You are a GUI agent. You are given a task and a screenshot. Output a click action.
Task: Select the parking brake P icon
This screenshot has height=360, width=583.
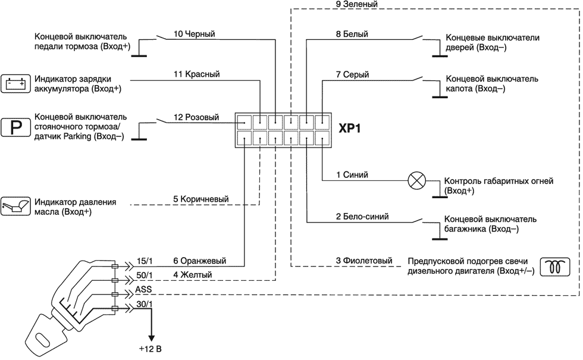15,127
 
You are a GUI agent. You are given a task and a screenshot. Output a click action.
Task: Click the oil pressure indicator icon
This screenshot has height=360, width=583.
14,206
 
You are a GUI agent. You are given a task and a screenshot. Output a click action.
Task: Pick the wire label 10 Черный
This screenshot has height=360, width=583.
194,35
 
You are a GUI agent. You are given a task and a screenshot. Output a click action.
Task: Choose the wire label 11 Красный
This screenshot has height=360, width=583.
197,74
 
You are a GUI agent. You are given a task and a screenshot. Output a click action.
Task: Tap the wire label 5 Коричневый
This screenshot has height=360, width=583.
201,199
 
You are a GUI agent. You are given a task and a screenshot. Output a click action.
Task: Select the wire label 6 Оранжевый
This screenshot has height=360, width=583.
200,260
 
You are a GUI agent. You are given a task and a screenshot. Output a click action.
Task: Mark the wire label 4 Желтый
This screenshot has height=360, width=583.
192,274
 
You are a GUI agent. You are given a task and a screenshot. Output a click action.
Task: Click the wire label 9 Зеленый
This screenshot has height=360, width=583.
356,4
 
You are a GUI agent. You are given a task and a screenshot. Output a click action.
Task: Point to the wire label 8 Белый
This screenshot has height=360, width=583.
352,35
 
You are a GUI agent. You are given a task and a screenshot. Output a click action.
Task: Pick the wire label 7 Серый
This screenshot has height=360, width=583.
352,74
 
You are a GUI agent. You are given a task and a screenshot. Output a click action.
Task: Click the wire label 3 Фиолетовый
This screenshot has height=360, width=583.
365,261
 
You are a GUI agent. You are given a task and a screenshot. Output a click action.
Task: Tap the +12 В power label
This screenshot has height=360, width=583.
149,348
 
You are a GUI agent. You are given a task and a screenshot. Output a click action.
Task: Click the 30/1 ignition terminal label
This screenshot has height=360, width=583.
145,304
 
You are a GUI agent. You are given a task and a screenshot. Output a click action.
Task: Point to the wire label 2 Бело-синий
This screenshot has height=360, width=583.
362,217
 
